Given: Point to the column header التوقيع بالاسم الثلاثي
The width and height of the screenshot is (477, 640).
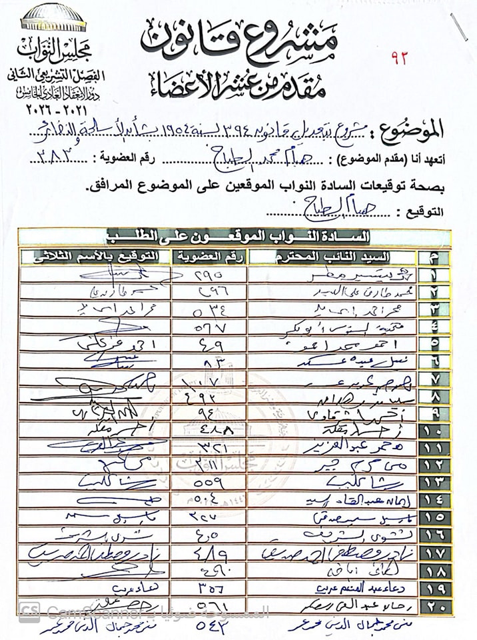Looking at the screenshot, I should click(x=93, y=257).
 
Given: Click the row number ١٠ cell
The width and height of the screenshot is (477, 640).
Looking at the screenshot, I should click(x=434, y=429).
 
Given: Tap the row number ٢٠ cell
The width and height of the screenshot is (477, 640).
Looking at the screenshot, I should click(x=434, y=604).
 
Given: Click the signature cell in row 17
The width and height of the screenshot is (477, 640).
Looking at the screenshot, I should click(x=93, y=552).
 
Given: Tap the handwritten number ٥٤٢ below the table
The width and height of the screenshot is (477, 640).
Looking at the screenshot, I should click(x=208, y=626).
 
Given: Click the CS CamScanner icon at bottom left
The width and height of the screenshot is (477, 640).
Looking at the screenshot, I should click(x=28, y=612).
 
